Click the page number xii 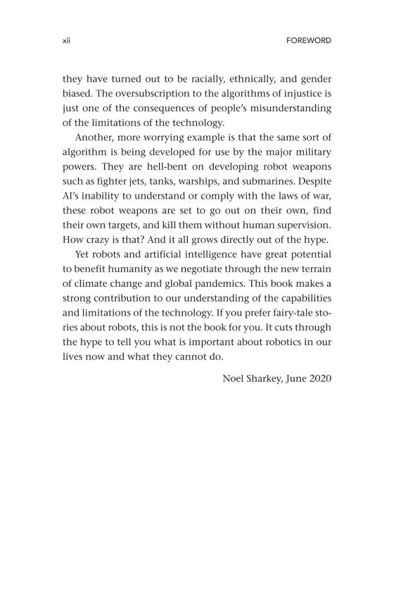(x=67, y=41)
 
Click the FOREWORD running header (x=308, y=41)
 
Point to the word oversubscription (x=133, y=93)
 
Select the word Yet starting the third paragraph (x=84, y=256)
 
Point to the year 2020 (x=318, y=378)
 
